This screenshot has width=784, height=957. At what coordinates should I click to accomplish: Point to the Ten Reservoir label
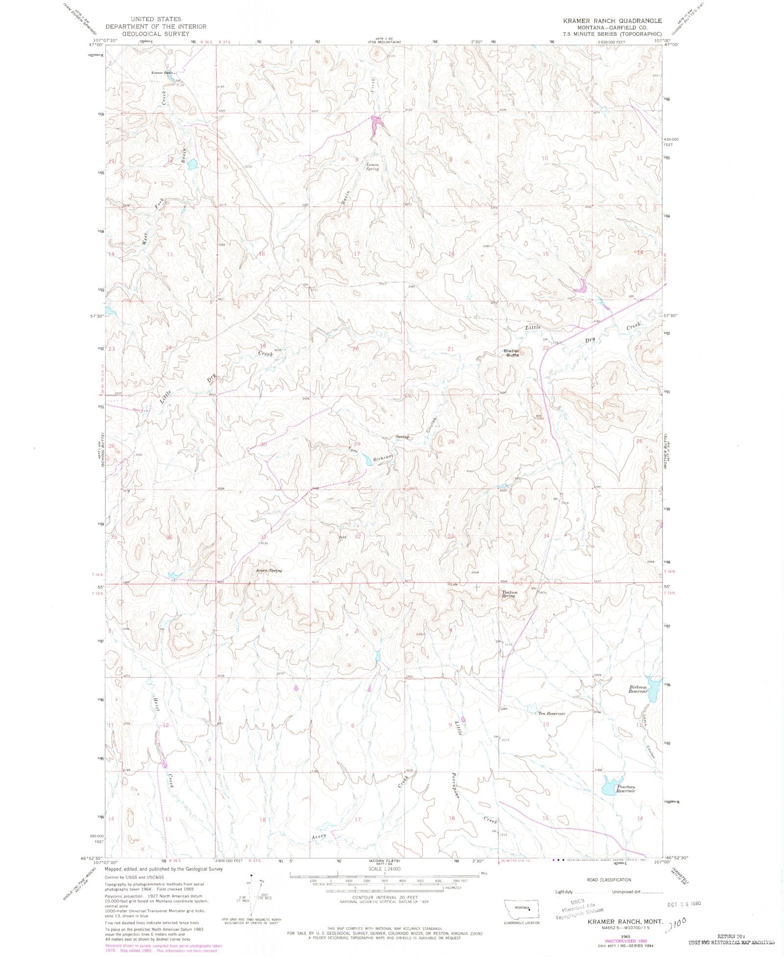click(552, 714)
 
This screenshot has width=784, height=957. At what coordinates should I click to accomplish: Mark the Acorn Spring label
click(269, 571)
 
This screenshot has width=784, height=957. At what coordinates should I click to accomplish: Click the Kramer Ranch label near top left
click(163, 73)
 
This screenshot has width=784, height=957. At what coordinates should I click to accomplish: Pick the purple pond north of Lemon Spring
click(376, 124)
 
